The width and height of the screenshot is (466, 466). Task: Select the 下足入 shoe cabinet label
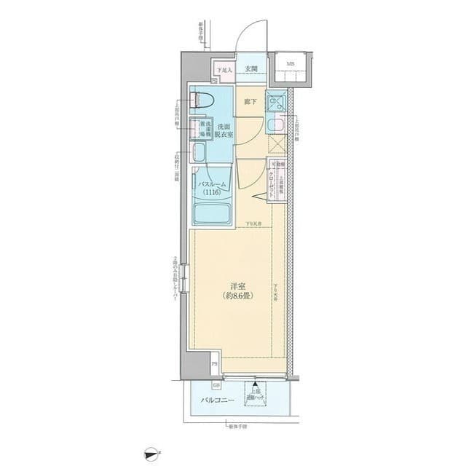point(224,70)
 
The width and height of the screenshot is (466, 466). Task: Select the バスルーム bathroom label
point(214,186)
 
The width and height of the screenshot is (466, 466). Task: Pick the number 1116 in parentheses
point(214,194)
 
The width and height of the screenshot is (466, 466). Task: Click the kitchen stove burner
point(276,102)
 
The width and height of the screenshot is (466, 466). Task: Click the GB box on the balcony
point(216,386)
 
